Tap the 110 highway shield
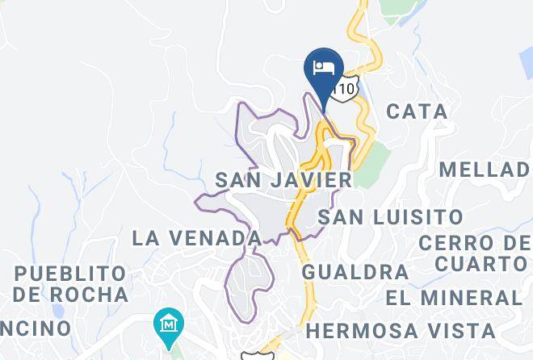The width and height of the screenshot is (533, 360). coord(346,89)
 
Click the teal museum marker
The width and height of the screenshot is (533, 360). coord(168,326)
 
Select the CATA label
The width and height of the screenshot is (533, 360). coord(417,111)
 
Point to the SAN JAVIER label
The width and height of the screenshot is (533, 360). coord(283,180)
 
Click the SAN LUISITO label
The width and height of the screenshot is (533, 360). coord(390,217)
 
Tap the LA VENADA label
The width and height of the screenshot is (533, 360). coord(197,238)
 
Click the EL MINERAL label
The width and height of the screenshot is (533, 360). coord(454,297)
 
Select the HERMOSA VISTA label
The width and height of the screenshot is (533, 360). coord(401,331)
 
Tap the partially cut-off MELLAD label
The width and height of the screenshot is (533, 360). coord(485,170)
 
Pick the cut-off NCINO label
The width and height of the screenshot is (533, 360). coord(36,329)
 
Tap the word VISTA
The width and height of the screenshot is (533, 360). coord(460,331)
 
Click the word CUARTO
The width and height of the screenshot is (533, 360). coord(481,264)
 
